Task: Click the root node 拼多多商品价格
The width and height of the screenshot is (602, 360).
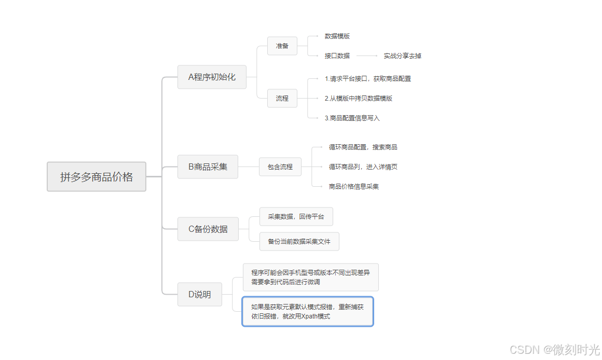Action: [97, 177]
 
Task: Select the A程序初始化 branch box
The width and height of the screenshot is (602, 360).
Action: [212, 77]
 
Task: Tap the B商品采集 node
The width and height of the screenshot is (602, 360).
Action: [208, 167]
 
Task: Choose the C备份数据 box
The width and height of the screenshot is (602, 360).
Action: [208, 229]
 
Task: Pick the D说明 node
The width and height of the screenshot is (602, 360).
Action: [200, 294]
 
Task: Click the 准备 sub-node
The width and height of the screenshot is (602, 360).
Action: [282, 46]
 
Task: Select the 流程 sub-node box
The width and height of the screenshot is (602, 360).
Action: [282, 98]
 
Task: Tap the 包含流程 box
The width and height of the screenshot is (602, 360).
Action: [280, 167]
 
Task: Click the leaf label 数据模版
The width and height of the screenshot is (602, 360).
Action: [337, 36]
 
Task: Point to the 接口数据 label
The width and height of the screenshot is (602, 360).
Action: [337, 56]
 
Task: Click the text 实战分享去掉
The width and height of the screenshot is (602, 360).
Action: [403, 56]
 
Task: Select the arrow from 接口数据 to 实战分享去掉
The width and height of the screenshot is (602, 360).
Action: [367, 56]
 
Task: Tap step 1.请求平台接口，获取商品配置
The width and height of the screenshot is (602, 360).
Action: [368, 79]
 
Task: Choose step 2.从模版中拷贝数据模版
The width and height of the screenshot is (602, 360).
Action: [359, 98]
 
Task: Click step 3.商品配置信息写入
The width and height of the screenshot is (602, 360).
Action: [352, 118]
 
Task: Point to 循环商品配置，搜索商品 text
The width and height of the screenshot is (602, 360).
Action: [363, 147]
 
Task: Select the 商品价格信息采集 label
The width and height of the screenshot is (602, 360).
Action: [354, 186]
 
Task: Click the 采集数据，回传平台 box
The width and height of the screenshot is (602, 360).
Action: [296, 216]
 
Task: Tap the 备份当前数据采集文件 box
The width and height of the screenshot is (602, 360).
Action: [299, 241]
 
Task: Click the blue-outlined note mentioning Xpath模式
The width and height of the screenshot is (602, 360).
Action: [308, 311]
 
